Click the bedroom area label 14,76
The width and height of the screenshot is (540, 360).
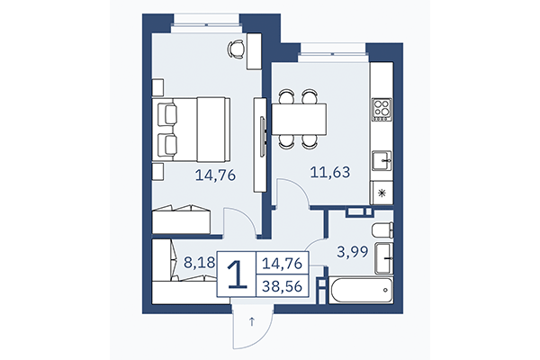pos(215,175)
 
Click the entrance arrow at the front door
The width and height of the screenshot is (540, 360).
pos(253,319)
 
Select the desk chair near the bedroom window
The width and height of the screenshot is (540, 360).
pos(236,49)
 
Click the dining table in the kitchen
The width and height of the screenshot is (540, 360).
pos(298,118)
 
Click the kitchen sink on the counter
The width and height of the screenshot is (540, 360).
pos(382,161)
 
